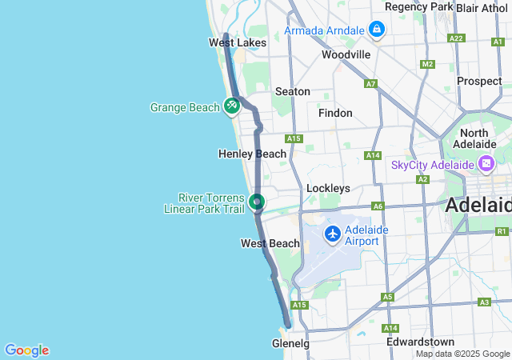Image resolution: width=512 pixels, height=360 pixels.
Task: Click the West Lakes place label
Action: (238, 42)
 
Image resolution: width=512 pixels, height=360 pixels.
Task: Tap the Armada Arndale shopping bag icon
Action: (377, 30)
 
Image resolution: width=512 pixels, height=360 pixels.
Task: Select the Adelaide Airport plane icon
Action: (332, 234)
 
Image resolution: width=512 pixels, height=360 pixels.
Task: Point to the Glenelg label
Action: (290, 343)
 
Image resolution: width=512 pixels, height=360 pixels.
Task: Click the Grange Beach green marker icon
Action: (232, 105)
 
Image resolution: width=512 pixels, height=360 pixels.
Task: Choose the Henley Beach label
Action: (252, 154)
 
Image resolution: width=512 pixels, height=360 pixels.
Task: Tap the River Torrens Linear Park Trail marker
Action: (257, 202)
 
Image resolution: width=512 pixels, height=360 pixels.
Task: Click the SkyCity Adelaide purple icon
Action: (485, 164)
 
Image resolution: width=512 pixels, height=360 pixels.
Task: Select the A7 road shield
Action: (370, 84)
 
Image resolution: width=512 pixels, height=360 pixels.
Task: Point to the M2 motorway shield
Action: (427, 64)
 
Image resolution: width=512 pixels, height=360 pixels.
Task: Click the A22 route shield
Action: (457, 38)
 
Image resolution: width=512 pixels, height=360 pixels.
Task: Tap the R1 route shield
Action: (502, 231)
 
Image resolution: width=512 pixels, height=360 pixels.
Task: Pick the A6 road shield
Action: (378, 206)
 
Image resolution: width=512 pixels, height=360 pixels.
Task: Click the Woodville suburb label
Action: (346, 54)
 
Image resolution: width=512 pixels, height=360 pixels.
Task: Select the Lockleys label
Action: (328, 188)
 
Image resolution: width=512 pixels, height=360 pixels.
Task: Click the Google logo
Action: (26, 350)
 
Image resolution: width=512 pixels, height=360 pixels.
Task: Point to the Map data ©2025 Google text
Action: (462, 354)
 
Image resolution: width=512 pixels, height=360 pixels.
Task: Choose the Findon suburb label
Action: (335, 113)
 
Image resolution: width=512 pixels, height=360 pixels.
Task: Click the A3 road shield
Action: (484, 302)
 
